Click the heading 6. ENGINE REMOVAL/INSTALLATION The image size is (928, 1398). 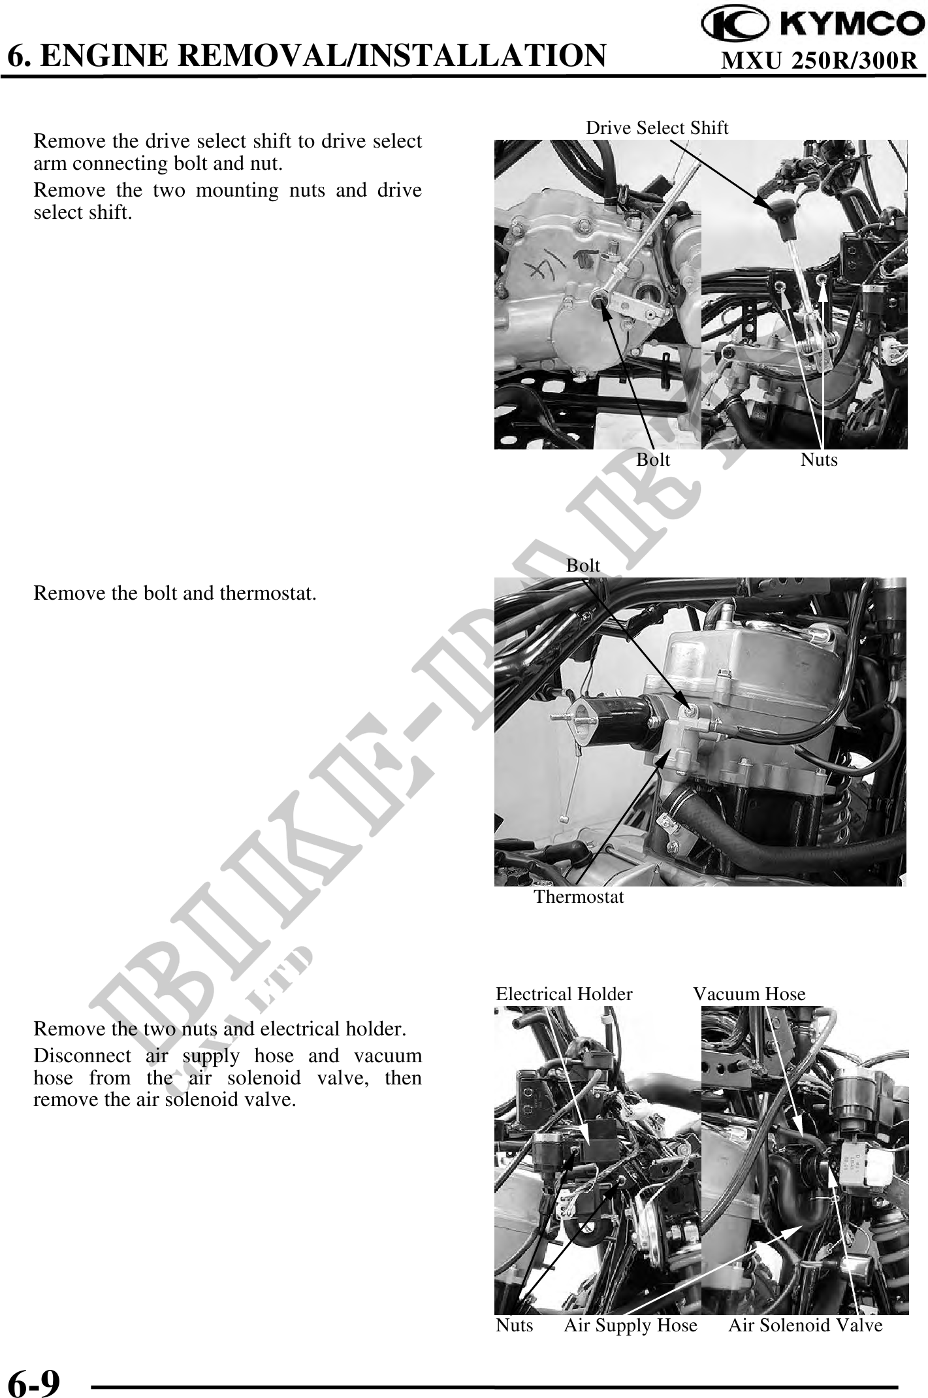point(306,56)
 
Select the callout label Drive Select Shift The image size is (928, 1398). point(656,127)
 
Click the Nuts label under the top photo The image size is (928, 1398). point(818,460)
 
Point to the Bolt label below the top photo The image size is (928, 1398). point(653,460)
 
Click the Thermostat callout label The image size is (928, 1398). point(579,897)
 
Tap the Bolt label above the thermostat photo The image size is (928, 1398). point(583,565)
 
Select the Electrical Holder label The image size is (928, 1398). point(564,994)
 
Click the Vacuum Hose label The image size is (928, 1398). point(749,994)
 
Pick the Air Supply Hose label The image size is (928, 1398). point(630,1325)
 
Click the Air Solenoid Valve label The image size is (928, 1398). point(805,1325)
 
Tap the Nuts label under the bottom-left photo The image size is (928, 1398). point(514,1325)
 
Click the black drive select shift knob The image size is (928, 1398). point(776,210)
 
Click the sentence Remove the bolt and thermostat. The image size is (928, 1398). point(175,594)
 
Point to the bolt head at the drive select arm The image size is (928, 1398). point(596,300)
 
